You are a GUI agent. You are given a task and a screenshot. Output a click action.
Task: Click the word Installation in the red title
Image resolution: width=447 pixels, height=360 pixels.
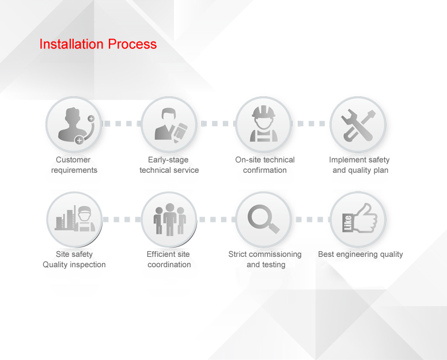tap(71, 44)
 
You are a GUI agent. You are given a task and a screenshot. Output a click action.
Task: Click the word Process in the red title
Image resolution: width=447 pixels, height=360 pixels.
tap(132, 44)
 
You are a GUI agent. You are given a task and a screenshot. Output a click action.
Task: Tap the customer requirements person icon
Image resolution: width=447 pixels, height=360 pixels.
tap(76, 126)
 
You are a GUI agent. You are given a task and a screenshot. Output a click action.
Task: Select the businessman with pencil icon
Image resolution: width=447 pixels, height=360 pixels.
tap(171, 125)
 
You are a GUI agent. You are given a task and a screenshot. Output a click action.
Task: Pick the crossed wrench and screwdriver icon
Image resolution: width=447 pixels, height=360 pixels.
tap(358, 126)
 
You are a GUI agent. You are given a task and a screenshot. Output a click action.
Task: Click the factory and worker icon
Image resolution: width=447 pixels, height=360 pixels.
tap(75, 218)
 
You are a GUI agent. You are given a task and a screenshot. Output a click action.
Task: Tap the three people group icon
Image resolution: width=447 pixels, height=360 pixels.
tap(169, 219)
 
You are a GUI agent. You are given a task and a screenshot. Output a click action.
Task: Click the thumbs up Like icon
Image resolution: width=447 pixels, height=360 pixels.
tap(360, 218)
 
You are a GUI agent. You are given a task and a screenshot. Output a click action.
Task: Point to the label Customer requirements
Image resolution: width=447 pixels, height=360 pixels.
tap(74, 165)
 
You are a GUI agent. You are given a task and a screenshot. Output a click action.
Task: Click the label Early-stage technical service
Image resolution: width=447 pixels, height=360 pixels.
tap(169, 165)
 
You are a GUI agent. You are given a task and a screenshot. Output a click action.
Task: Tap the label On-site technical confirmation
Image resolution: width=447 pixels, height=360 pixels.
tap(265, 165)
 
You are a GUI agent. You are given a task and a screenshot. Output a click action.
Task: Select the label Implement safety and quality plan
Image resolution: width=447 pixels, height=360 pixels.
tap(359, 165)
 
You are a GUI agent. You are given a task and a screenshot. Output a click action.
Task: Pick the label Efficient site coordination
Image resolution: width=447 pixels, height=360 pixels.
tap(169, 259)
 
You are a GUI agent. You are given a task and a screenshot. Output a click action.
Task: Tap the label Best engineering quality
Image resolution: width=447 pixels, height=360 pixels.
tap(361, 254)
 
